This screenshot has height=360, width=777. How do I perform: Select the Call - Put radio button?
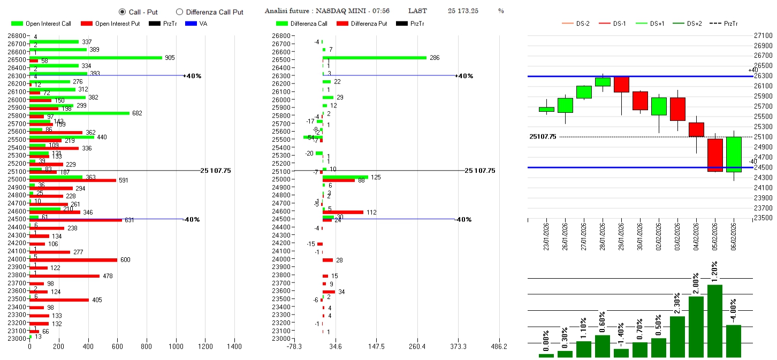pos(122,12)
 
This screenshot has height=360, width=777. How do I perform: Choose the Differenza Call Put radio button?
pos(179,12)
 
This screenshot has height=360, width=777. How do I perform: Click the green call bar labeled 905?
pos(96,58)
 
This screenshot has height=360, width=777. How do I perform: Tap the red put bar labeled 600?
pos(73,260)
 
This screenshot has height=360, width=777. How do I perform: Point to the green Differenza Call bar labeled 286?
pos(374,57)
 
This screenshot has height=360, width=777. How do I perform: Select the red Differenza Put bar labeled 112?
pos(342,212)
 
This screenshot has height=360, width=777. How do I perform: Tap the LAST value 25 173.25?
pos(463,11)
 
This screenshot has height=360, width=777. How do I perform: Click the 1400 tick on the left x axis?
pos(234,347)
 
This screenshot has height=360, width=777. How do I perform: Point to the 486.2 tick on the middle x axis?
pos(499,347)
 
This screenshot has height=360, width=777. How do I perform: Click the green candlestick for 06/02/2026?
pos(734,154)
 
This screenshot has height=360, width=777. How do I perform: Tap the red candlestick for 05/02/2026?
pos(715,155)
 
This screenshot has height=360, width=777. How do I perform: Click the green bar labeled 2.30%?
pos(677,336)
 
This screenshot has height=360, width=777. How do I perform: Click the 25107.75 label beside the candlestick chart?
pos(543,137)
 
